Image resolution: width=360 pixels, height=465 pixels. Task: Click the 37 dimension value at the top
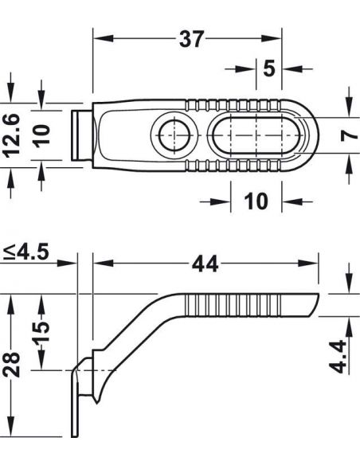pos(192,38)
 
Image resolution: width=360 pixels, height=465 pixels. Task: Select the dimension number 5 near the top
pos(268,68)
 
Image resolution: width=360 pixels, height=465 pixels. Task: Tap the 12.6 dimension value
pos(13,135)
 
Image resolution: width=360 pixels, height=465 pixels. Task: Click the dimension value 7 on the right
pos(350,135)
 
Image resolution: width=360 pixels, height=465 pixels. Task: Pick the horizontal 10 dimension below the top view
pos(256,201)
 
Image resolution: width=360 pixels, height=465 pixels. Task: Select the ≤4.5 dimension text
pos(26,252)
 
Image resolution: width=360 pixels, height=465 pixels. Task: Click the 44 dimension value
pos(205,264)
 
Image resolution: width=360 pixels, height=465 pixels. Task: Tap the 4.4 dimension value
pos(338,356)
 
